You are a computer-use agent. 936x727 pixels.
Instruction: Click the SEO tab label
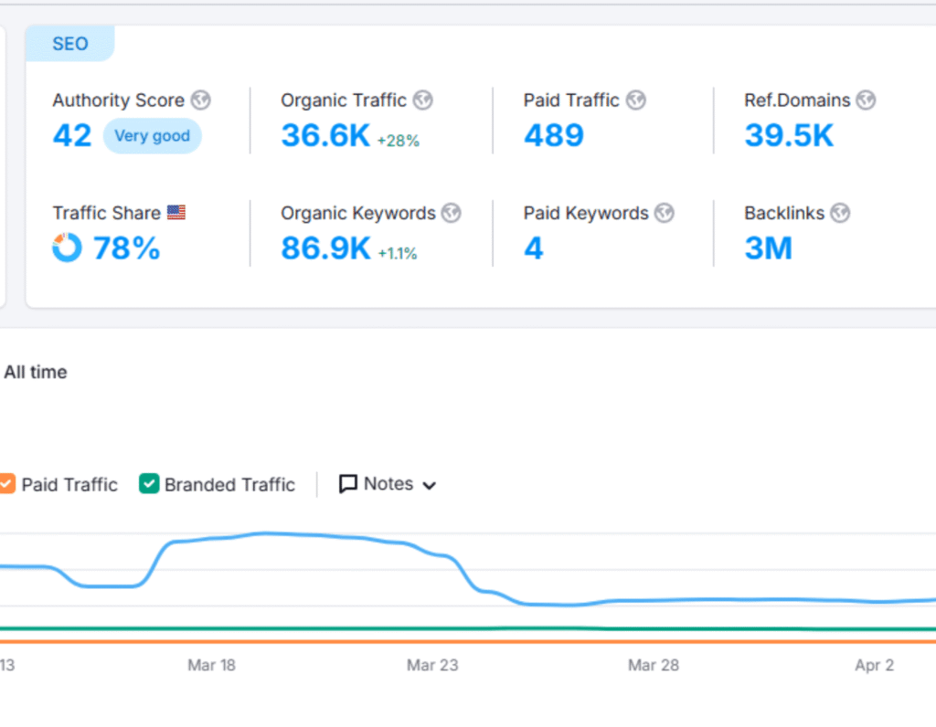69,43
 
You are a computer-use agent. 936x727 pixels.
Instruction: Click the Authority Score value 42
72,136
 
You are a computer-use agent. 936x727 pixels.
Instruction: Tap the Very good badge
152,136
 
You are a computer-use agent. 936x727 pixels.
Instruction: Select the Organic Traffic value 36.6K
324,136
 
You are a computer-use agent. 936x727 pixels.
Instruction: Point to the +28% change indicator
398,140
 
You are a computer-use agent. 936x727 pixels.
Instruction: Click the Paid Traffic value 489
553,136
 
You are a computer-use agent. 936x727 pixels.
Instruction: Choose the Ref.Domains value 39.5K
789,136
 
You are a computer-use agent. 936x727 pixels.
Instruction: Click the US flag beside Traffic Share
176,213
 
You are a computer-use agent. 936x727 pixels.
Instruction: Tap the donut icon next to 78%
67,248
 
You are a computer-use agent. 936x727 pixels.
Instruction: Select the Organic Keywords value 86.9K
324,248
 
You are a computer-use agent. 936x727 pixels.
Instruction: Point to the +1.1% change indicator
398,253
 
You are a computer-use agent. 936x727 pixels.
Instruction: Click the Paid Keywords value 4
533,248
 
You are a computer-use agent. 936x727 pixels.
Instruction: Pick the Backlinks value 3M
768,248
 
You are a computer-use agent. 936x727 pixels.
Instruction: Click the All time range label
36,372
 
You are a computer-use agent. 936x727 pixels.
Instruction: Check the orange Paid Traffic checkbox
6,484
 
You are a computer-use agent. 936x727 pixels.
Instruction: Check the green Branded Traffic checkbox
149,484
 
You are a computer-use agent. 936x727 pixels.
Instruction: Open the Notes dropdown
388,484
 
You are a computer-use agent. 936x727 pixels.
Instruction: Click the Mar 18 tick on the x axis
211,665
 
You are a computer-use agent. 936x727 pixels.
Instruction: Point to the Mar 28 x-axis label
654,665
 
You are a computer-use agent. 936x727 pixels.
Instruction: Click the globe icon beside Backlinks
840,213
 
